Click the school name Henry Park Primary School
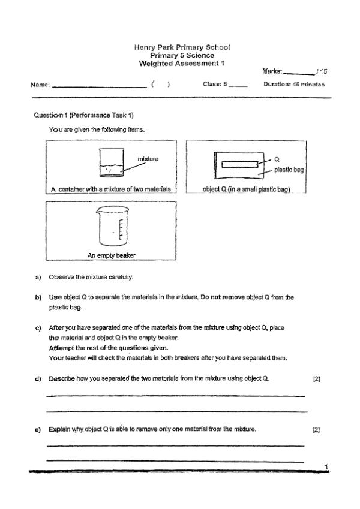coord(182,47)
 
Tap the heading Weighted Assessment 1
coord(182,64)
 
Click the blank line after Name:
coord(100,87)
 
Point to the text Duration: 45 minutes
coord(294,84)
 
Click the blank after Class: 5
coord(238,86)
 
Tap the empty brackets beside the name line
coord(160,84)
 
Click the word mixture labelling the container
coord(148,159)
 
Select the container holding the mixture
coord(112,162)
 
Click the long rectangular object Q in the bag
coord(240,165)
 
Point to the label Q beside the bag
coord(277,159)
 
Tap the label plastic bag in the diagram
coord(289,170)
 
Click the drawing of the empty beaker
coord(112,227)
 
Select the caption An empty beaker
coord(111,255)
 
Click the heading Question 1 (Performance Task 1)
coord(83,115)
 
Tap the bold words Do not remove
coord(223,297)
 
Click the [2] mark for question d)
coord(316,379)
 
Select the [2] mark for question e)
coord(316,430)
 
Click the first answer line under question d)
coord(175,396)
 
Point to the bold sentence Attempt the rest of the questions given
coord(109,348)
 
